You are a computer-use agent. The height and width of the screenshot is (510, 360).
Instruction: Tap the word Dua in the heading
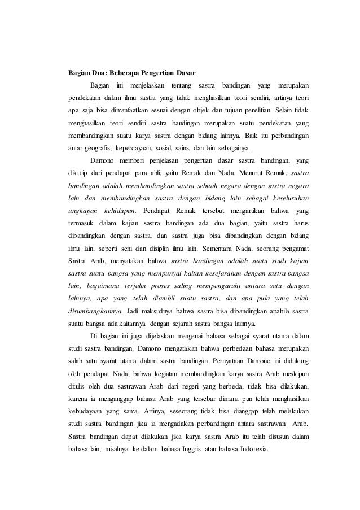(98, 73)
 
